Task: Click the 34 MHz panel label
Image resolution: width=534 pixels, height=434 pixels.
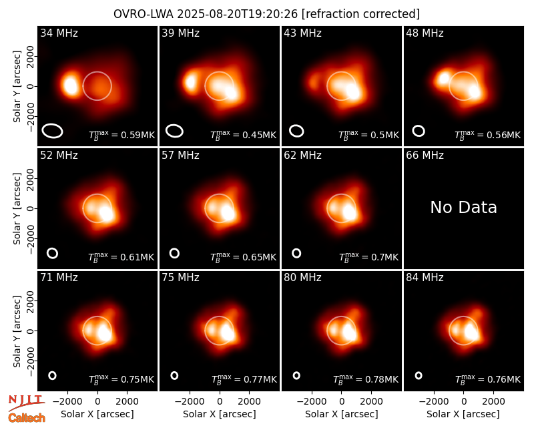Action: [59, 33]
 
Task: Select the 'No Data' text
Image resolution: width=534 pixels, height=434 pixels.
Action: [463, 207]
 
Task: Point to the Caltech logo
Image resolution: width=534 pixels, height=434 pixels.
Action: [27, 418]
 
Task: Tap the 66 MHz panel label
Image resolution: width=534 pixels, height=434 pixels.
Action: [425, 156]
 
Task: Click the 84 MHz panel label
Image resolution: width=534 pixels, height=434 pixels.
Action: [425, 278]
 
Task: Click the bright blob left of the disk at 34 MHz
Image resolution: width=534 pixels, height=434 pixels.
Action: [71, 85]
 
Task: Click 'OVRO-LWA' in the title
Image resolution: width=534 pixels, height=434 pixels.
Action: [144, 14]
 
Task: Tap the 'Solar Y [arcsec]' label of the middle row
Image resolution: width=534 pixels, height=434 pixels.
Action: [17, 208]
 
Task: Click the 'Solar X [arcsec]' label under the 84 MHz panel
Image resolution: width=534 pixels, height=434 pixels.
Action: [463, 414]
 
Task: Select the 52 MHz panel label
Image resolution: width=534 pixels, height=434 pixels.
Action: [59, 156]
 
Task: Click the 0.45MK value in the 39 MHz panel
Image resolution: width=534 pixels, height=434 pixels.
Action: [259, 135]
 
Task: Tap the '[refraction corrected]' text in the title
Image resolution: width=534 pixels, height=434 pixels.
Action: [360, 14]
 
